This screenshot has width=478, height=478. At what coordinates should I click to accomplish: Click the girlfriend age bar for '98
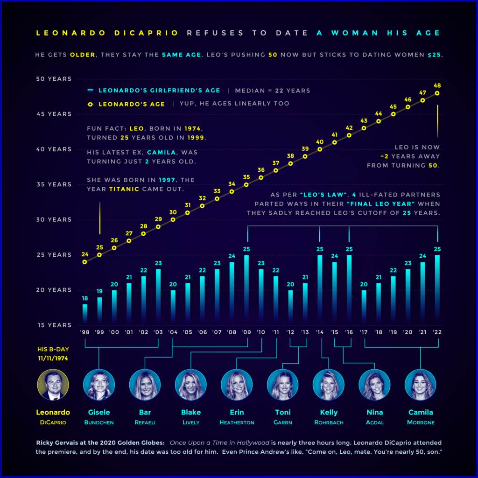(85, 313)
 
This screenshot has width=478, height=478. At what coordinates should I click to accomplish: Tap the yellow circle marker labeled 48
(437, 93)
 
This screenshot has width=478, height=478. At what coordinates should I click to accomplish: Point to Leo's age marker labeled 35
(246, 184)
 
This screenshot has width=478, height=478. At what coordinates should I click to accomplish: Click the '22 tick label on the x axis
(437, 332)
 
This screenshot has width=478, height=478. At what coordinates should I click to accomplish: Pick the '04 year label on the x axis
(173, 332)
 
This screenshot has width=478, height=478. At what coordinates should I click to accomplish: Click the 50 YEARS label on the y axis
(54, 79)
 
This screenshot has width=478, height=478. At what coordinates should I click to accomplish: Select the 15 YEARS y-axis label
(54, 325)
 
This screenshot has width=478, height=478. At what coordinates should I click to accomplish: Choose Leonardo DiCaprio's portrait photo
(53, 385)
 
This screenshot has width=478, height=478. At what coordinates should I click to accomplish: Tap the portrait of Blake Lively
(190, 385)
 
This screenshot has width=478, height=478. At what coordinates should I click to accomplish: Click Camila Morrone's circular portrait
(420, 385)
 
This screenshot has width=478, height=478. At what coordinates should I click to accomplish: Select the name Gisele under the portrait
(99, 412)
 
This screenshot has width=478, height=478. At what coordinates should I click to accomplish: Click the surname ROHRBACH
(329, 422)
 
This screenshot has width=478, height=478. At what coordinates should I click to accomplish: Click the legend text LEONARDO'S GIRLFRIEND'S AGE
(159, 91)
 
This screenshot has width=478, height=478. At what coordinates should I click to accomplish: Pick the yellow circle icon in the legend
(91, 104)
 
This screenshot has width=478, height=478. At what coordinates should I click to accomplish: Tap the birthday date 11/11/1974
(53, 358)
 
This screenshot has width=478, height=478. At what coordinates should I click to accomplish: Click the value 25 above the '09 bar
(246, 249)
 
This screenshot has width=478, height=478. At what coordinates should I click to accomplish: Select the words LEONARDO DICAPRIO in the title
(107, 33)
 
